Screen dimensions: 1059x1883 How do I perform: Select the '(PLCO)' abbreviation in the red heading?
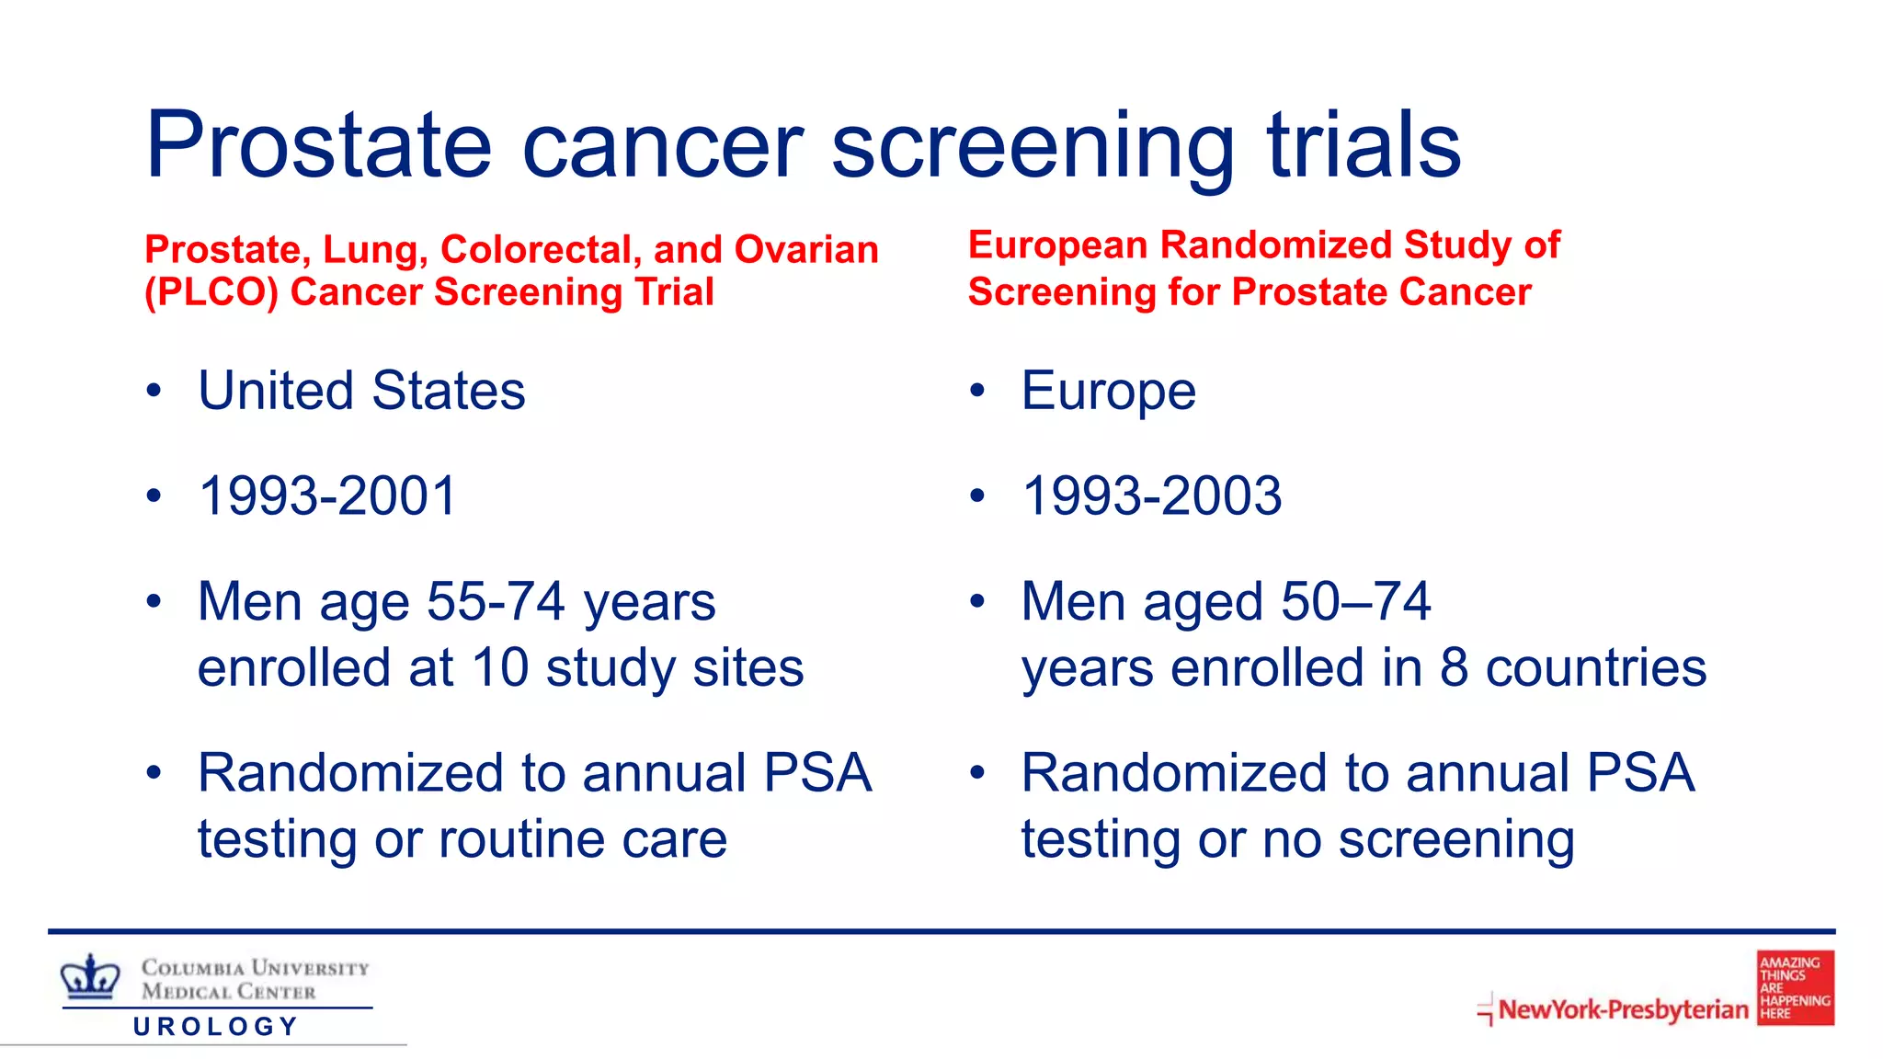(211, 292)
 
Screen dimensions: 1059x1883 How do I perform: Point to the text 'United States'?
(361, 391)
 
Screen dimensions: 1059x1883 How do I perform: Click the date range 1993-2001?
(327, 496)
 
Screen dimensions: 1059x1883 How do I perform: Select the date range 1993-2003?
(1151, 496)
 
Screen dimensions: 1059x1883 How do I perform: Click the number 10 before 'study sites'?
(500, 668)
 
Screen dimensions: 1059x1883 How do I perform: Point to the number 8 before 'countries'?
(1454, 668)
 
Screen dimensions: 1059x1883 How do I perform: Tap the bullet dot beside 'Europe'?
(976, 392)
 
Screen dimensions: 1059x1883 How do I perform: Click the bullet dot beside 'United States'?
(154, 392)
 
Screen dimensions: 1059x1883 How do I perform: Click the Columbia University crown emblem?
(90, 976)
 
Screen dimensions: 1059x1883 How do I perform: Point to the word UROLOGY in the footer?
(216, 1027)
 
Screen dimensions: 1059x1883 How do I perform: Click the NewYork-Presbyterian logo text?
(1622, 1009)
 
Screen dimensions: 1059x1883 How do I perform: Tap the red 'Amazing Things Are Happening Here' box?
(1795, 988)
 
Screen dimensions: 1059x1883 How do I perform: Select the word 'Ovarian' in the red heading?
(806, 250)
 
